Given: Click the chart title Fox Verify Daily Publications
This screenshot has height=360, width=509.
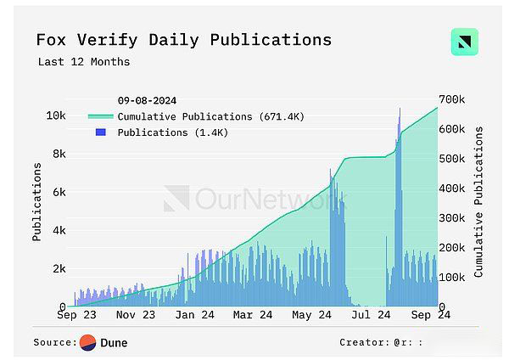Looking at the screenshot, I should click(183, 40).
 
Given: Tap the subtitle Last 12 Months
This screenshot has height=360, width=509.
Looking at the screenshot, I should click(84, 62).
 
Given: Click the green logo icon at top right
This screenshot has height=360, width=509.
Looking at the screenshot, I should click(464, 42).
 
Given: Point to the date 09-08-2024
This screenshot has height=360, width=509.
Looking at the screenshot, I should click(148, 101).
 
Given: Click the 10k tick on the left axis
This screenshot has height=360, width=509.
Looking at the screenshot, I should click(56, 115).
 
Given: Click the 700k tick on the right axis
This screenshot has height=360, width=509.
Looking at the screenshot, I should click(450, 99).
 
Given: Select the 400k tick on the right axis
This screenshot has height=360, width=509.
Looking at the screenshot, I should click(450, 188).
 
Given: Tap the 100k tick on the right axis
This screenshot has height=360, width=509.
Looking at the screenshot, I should click(450, 278).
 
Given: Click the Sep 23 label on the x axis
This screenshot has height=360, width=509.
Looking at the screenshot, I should click(77, 315).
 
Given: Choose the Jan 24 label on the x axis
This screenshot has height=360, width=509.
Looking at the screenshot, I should click(197, 315).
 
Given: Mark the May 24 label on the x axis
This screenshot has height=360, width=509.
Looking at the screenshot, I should click(311, 315).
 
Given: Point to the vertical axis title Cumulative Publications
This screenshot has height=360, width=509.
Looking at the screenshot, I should click(479, 201).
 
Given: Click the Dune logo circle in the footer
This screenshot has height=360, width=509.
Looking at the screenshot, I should click(87, 343).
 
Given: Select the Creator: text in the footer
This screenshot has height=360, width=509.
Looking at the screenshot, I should click(362, 343).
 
